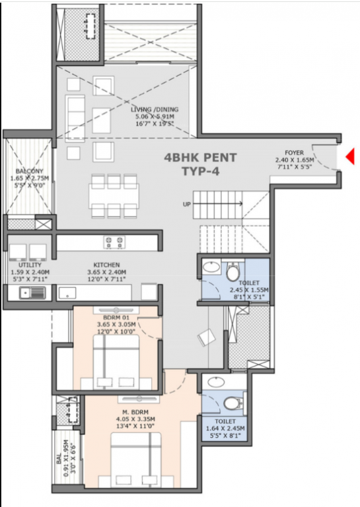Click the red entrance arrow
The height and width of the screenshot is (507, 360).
pyautogui.click(x=351, y=156)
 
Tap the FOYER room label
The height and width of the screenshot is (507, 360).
pyautogui.click(x=295, y=152)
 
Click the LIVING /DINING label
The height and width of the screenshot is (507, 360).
pyautogui.click(x=156, y=110)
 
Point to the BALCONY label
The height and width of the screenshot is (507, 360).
pyautogui.click(x=30, y=172)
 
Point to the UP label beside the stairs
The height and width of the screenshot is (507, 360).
pyautogui.click(x=188, y=204)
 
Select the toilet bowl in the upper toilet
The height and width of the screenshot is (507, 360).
pyautogui.click(x=233, y=273)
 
